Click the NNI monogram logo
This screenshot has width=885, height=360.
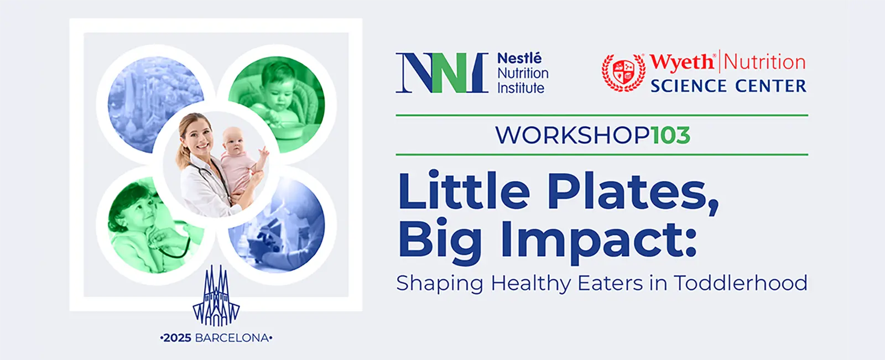(x=442, y=73)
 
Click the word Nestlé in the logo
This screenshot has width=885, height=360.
(x=519, y=59)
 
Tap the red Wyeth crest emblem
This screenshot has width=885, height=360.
(x=623, y=72)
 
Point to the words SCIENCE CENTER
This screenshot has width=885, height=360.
(x=728, y=86)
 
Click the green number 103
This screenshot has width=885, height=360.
(x=670, y=135)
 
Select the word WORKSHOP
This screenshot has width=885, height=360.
(x=572, y=135)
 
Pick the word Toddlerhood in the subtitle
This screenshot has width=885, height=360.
(x=741, y=283)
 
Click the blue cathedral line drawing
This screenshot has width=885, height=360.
(x=216, y=296)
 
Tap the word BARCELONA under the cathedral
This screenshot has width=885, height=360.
(x=232, y=338)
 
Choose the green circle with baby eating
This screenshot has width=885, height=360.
(x=277, y=104)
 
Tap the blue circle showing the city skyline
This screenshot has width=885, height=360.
(x=155, y=104)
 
